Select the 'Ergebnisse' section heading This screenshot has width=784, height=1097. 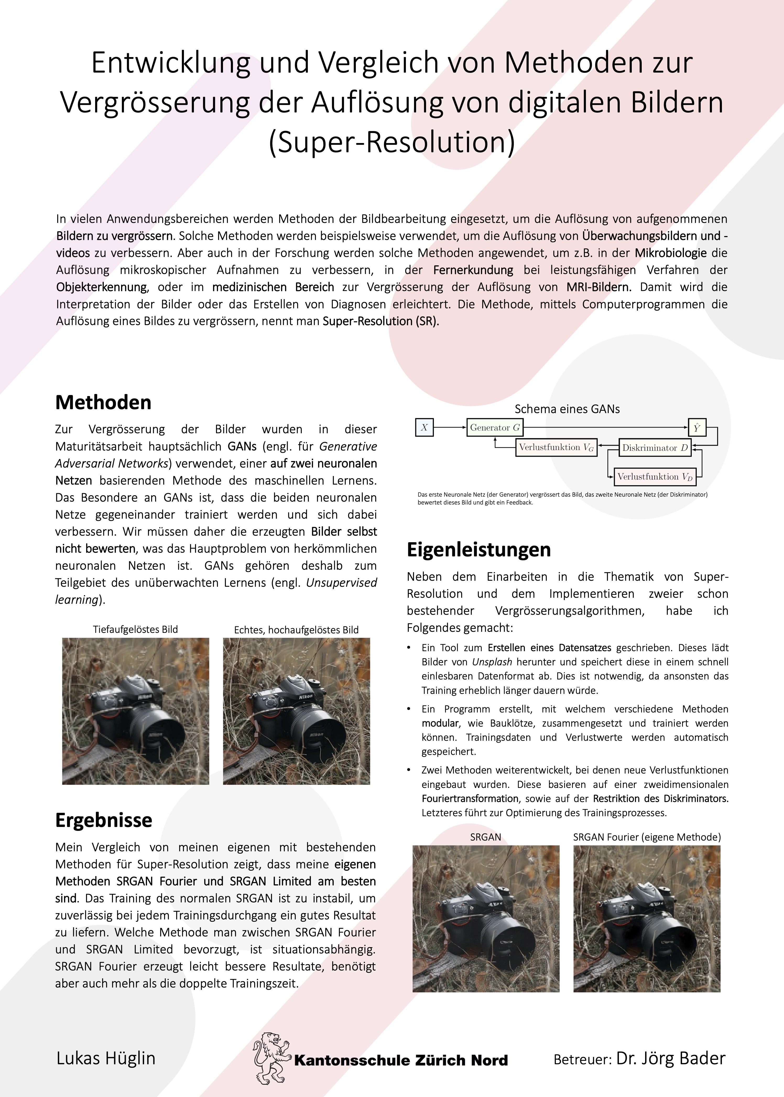pyautogui.click(x=104, y=820)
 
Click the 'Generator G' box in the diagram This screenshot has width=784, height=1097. pyautogui.click(x=495, y=427)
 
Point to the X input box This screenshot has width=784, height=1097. pyautogui.click(x=424, y=427)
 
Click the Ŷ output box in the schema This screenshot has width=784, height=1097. pyautogui.click(x=697, y=427)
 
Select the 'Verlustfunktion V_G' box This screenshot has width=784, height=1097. pyautogui.click(x=556, y=447)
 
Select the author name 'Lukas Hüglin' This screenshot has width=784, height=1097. pyautogui.click(x=106, y=1058)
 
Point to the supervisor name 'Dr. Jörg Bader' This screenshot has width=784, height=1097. pyautogui.click(x=671, y=1058)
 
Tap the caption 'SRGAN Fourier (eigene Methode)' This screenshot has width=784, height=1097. pyautogui.click(x=647, y=837)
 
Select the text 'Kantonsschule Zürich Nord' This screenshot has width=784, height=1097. pyautogui.click(x=401, y=1060)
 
